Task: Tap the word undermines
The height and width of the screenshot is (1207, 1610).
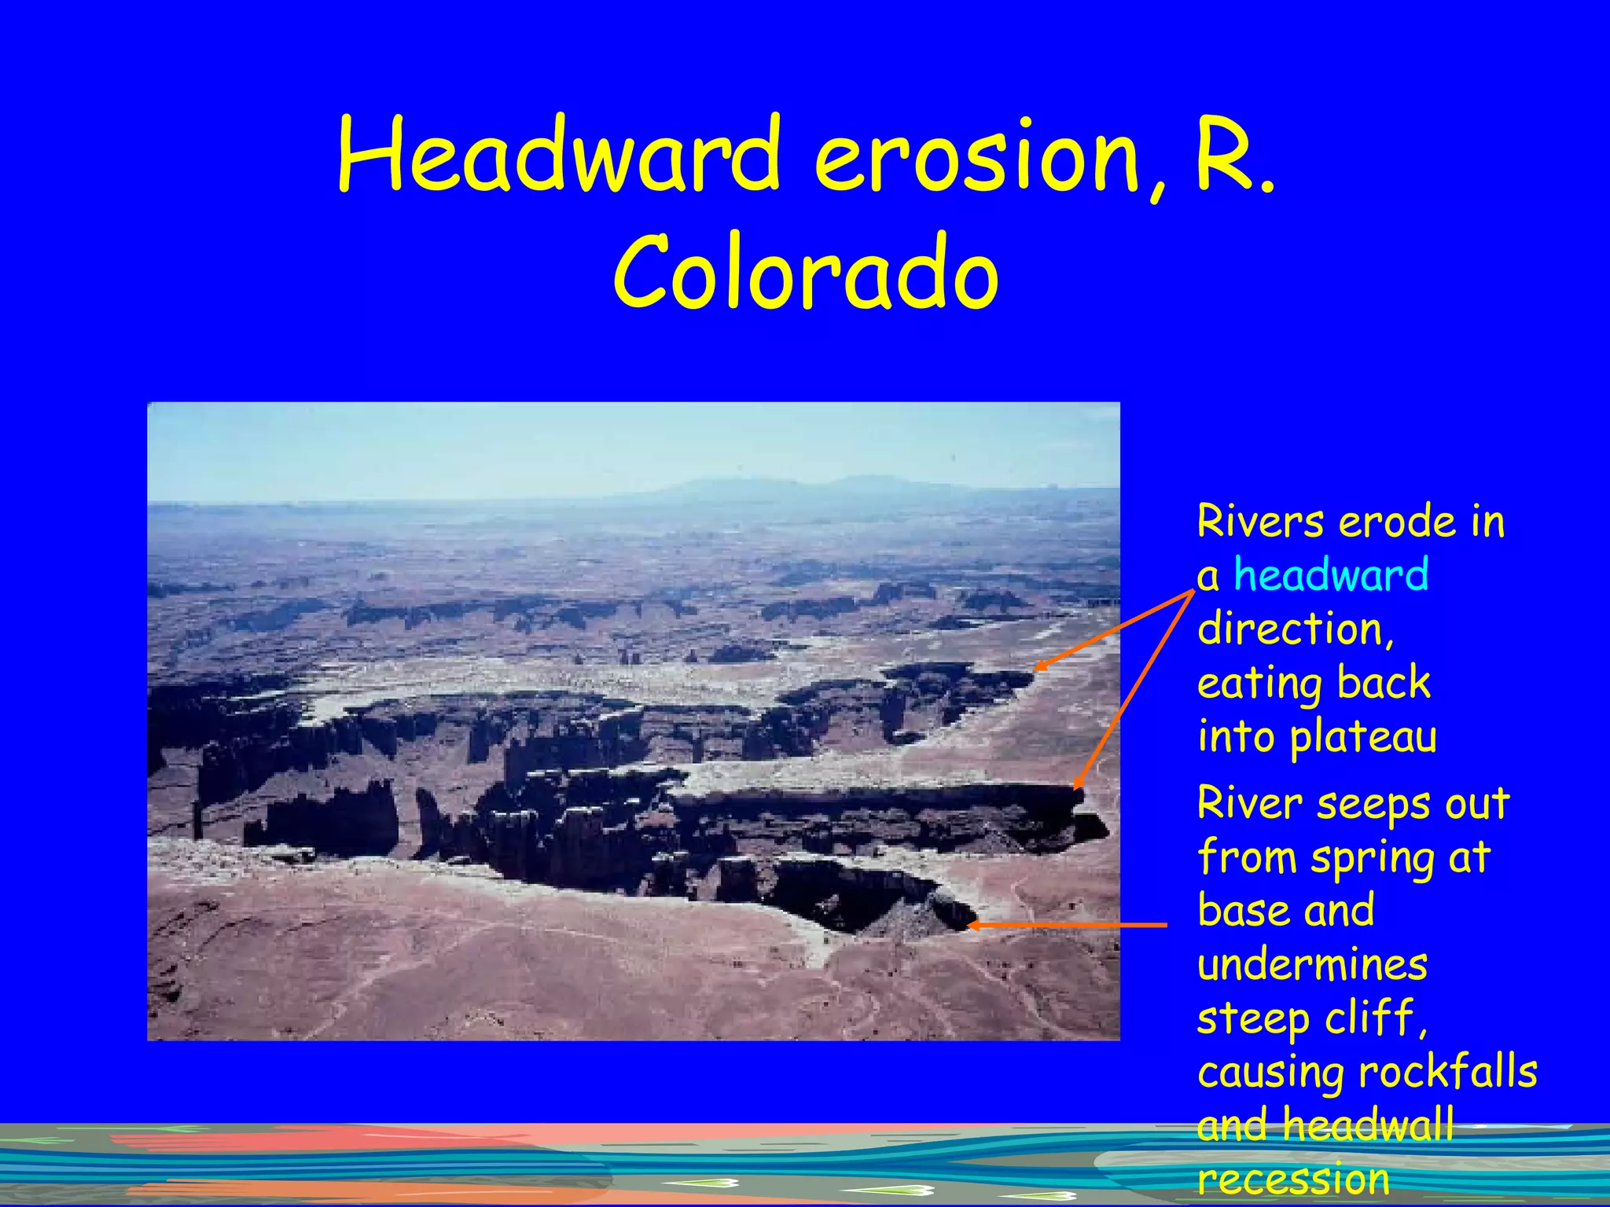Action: [x=1312, y=965]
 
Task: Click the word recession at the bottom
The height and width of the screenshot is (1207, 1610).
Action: [x=1293, y=1179]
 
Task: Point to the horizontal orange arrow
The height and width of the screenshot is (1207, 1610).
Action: [x=1069, y=926]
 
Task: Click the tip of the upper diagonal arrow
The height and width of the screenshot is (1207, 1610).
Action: [x=1036, y=669]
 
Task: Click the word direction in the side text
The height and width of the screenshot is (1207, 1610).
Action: [x=1295, y=629]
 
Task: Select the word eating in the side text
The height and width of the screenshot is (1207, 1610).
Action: [x=1256, y=684]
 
